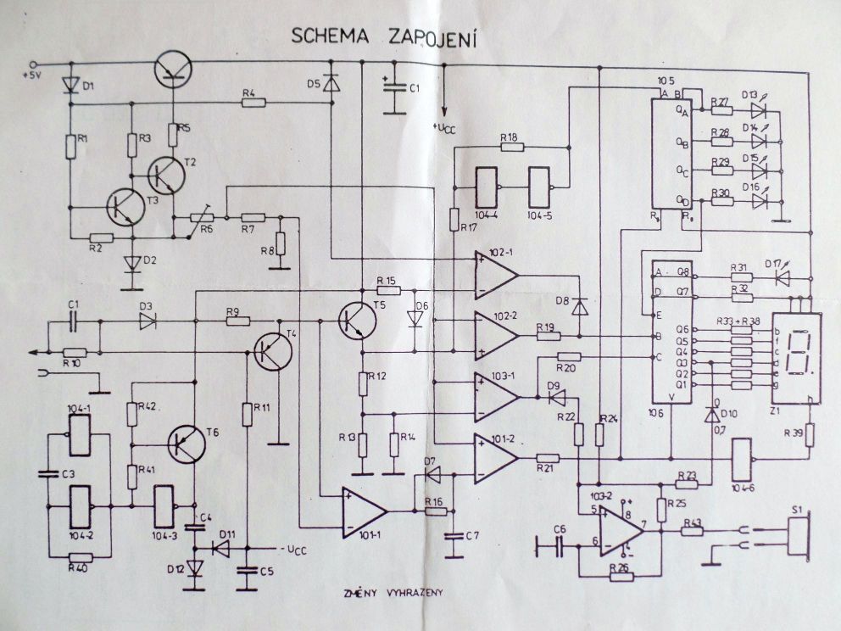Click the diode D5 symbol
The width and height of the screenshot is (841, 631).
[329, 82]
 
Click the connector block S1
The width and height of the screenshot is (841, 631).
[798, 535]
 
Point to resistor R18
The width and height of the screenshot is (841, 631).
[511, 147]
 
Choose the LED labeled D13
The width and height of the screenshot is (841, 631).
[758, 109]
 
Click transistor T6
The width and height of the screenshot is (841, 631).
[186, 443]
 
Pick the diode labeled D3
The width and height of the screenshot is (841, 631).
[147, 321]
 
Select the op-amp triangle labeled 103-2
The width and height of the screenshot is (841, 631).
[621, 533]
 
